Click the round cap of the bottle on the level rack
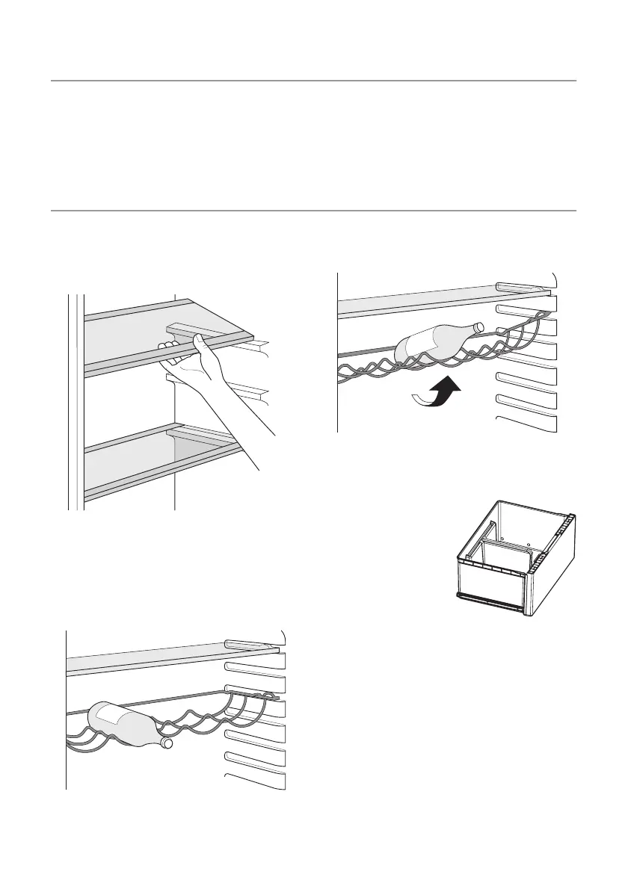pos(168,743)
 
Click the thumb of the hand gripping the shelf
pos(200,342)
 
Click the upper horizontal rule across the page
pos(314,80)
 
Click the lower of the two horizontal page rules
pos(314,211)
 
